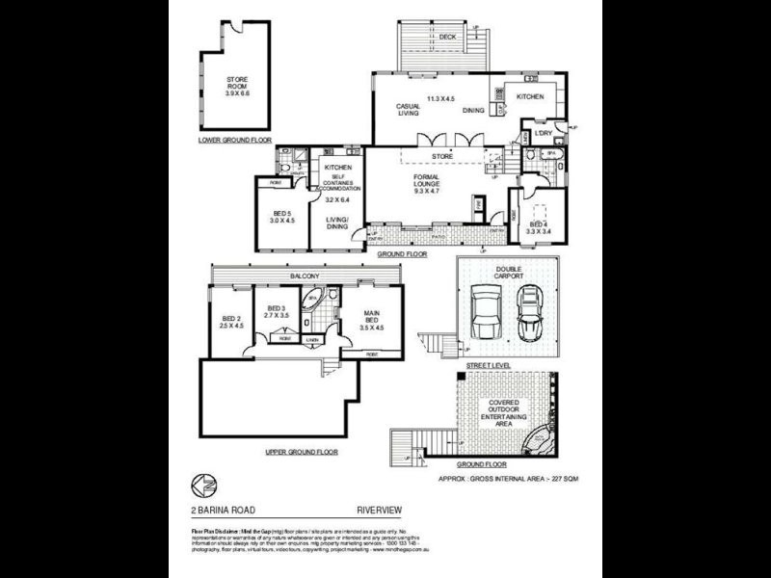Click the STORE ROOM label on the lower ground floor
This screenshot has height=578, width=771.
(x=237, y=86)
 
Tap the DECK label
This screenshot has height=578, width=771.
(x=446, y=38)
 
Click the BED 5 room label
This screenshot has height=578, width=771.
(x=283, y=216)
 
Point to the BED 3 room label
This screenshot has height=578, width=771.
(x=278, y=310)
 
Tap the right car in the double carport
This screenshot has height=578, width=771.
(x=529, y=312)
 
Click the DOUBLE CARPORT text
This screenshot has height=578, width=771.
(x=508, y=273)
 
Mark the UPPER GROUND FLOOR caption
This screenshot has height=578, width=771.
(x=302, y=450)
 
